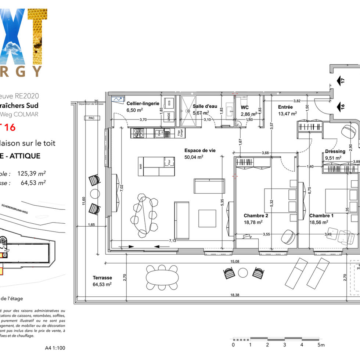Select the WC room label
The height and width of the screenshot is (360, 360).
click(x=245, y=107)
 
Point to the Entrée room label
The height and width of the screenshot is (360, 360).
click(x=285, y=107)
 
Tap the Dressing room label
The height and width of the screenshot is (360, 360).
click(x=335, y=151)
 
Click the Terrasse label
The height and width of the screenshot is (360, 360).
click(x=102, y=278)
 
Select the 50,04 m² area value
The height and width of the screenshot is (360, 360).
click(x=194, y=157)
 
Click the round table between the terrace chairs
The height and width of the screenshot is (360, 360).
click(x=243, y=273)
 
